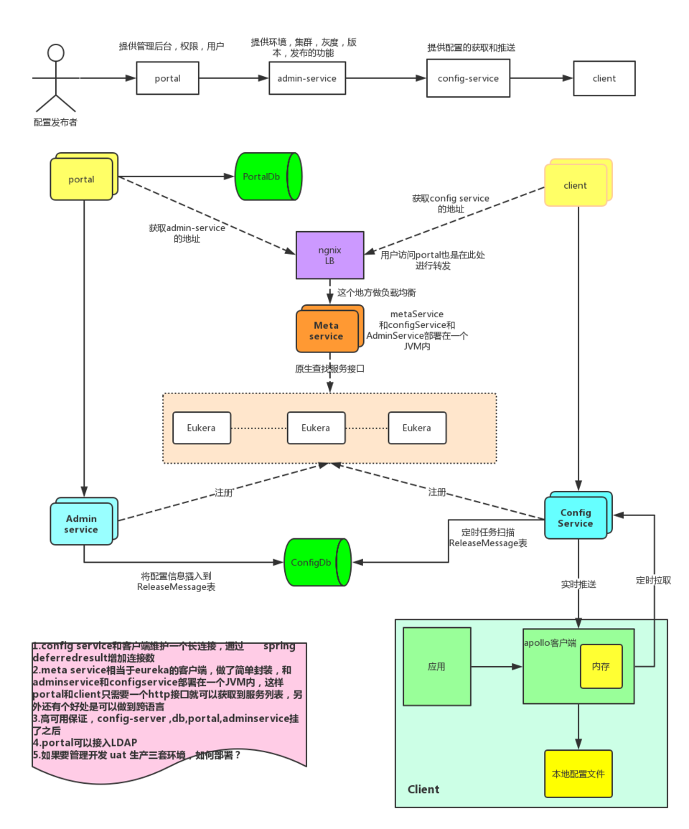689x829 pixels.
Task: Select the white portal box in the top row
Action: tap(167, 78)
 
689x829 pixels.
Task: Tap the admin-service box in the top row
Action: tap(306, 78)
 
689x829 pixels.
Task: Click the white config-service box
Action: tap(468, 78)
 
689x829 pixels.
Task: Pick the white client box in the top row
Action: tap(604, 78)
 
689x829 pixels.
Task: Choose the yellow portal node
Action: tap(82, 179)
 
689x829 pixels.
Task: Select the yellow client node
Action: tap(576, 184)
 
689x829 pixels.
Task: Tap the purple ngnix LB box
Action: tap(329, 256)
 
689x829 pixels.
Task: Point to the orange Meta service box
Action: tap(327, 331)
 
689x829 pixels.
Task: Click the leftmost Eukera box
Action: tap(202, 428)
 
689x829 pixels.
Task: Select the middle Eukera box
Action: tap(316, 428)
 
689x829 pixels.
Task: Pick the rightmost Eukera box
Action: tap(417, 428)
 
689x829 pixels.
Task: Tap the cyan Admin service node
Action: tap(81, 524)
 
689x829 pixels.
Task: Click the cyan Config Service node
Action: tap(576, 518)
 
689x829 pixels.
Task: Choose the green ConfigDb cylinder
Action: tap(316, 563)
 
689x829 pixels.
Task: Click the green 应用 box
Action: tap(436, 667)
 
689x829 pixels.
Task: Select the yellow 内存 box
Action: tap(601, 667)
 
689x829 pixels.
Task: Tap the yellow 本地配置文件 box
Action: tap(578, 774)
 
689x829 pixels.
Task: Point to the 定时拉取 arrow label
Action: tap(653, 581)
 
